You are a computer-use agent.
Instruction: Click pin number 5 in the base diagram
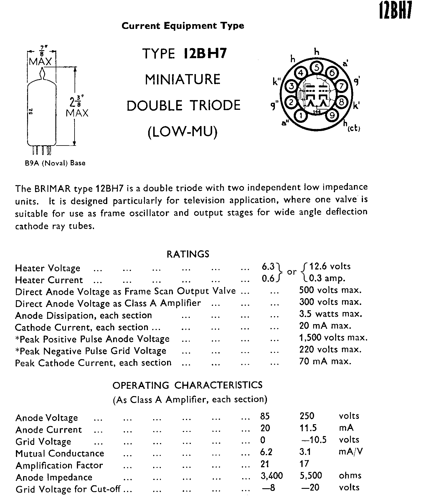point(316,68)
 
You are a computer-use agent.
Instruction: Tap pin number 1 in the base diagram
point(301,115)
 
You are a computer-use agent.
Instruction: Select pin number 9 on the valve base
point(332,115)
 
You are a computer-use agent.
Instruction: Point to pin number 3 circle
point(291,86)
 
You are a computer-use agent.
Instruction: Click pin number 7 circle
point(341,86)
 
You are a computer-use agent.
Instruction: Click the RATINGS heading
point(188,254)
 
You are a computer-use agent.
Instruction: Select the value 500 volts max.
point(330,290)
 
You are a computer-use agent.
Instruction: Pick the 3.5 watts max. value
point(330,313)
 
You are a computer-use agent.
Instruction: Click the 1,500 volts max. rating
point(333,337)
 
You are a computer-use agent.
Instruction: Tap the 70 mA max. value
point(325,361)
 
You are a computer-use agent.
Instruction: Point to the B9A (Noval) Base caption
point(55,163)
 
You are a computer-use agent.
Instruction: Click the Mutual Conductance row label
point(60,453)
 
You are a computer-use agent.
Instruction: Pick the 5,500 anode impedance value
point(311,475)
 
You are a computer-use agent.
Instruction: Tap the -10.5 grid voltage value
point(314,440)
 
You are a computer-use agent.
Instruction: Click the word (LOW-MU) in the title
point(182,132)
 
